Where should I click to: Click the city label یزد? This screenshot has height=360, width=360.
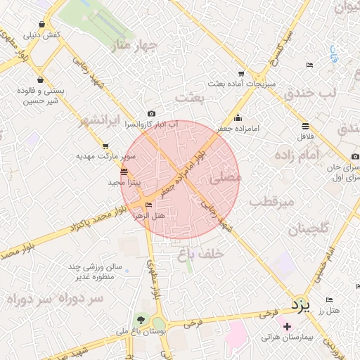(300, 305)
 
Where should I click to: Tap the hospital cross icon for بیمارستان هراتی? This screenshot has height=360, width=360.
(287, 326)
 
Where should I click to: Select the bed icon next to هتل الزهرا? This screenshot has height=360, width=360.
(148, 205)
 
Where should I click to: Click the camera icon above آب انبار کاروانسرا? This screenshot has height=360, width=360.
(151, 113)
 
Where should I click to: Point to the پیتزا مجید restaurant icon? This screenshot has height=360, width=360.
(124, 172)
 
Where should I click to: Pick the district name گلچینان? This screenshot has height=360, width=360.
(308, 229)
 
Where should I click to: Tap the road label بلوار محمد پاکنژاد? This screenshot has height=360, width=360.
(91, 222)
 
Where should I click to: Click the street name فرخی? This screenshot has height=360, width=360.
(266, 314)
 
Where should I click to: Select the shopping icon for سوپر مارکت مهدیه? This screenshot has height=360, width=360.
(105, 146)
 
